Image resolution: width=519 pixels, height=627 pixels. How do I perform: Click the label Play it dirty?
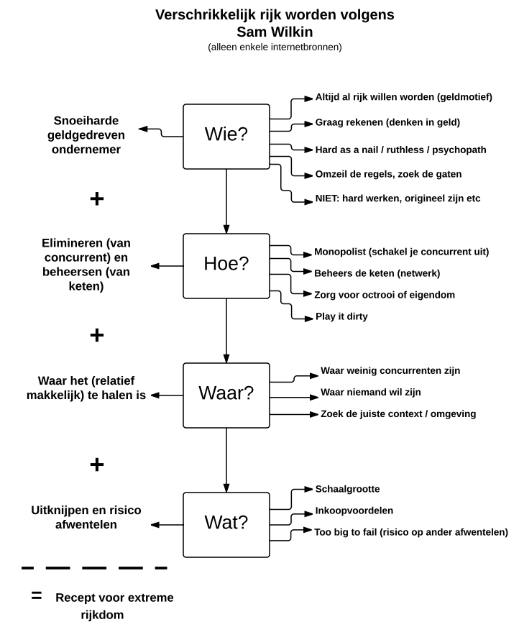(x=341, y=316)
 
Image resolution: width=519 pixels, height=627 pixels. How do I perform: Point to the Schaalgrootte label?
(x=347, y=489)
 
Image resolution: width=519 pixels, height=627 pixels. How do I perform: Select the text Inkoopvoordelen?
(x=354, y=511)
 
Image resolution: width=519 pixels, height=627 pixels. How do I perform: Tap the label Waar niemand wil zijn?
(x=371, y=393)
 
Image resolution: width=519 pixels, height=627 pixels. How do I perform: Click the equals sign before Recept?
(x=37, y=596)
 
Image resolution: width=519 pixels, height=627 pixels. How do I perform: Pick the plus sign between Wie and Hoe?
(x=97, y=198)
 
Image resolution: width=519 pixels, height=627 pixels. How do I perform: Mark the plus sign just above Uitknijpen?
(x=97, y=464)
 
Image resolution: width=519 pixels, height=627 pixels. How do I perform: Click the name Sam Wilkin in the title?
(x=275, y=32)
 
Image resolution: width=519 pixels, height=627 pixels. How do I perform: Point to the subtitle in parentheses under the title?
(x=275, y=47)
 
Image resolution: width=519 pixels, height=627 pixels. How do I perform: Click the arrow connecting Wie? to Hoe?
(x=226, y=201)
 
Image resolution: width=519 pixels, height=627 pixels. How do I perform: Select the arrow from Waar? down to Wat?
(x=226, y=460)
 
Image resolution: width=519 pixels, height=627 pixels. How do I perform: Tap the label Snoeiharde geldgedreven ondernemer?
(x=86, y=134)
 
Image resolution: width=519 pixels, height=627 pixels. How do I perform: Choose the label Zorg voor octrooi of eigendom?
(x=385, y=295)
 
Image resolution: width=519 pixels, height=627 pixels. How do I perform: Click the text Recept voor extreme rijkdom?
(x=114, y=606)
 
